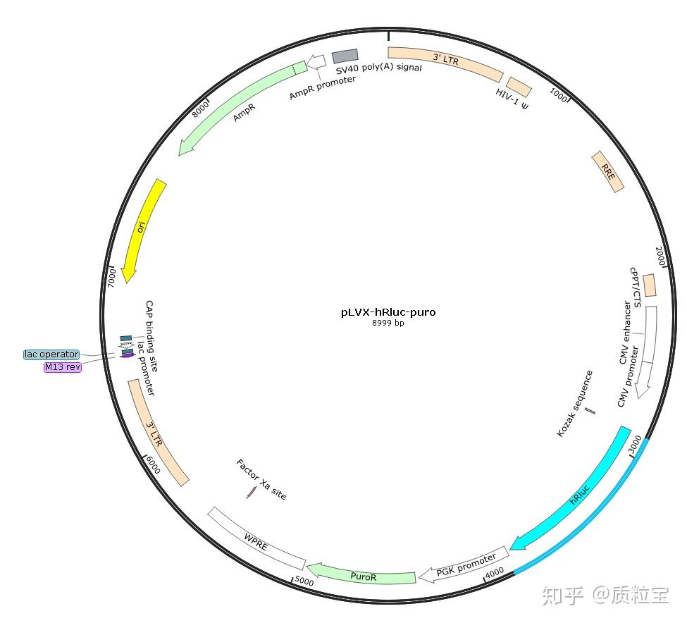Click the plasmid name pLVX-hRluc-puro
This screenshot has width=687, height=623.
pos(388,312)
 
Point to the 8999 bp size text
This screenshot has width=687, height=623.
pos(388,323)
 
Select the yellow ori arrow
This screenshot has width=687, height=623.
pos(144,228)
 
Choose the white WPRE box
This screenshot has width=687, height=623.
pos(256,538)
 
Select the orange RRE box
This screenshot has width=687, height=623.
pos(607,171)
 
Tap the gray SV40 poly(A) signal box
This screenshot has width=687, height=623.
pos(345,55)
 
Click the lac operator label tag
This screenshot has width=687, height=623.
pos(51,354)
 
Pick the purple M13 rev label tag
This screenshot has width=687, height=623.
pos(63,367)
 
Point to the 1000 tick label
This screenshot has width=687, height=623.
pos(559,95)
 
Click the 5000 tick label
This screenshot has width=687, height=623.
pos(304,582)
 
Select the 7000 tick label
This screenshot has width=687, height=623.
pos(111,277)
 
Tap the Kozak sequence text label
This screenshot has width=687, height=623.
pos(575,403)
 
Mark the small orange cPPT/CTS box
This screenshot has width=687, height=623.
pos(649,285)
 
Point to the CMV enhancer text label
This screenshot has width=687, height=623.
pos(625,333)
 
